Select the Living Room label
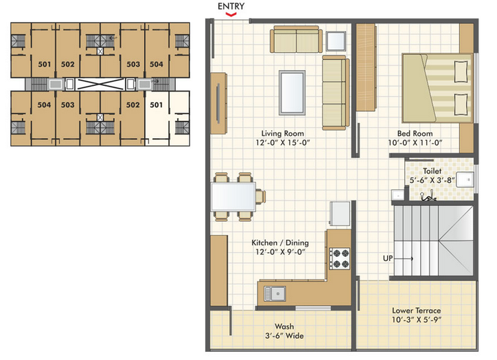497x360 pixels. (282, 133)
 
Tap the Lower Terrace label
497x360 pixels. (417, 311)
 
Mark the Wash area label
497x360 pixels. (284, 326)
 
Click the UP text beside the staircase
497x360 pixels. (388, 258)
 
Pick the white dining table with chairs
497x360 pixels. (233, 196)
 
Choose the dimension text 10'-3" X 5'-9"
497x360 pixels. (417, 320)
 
